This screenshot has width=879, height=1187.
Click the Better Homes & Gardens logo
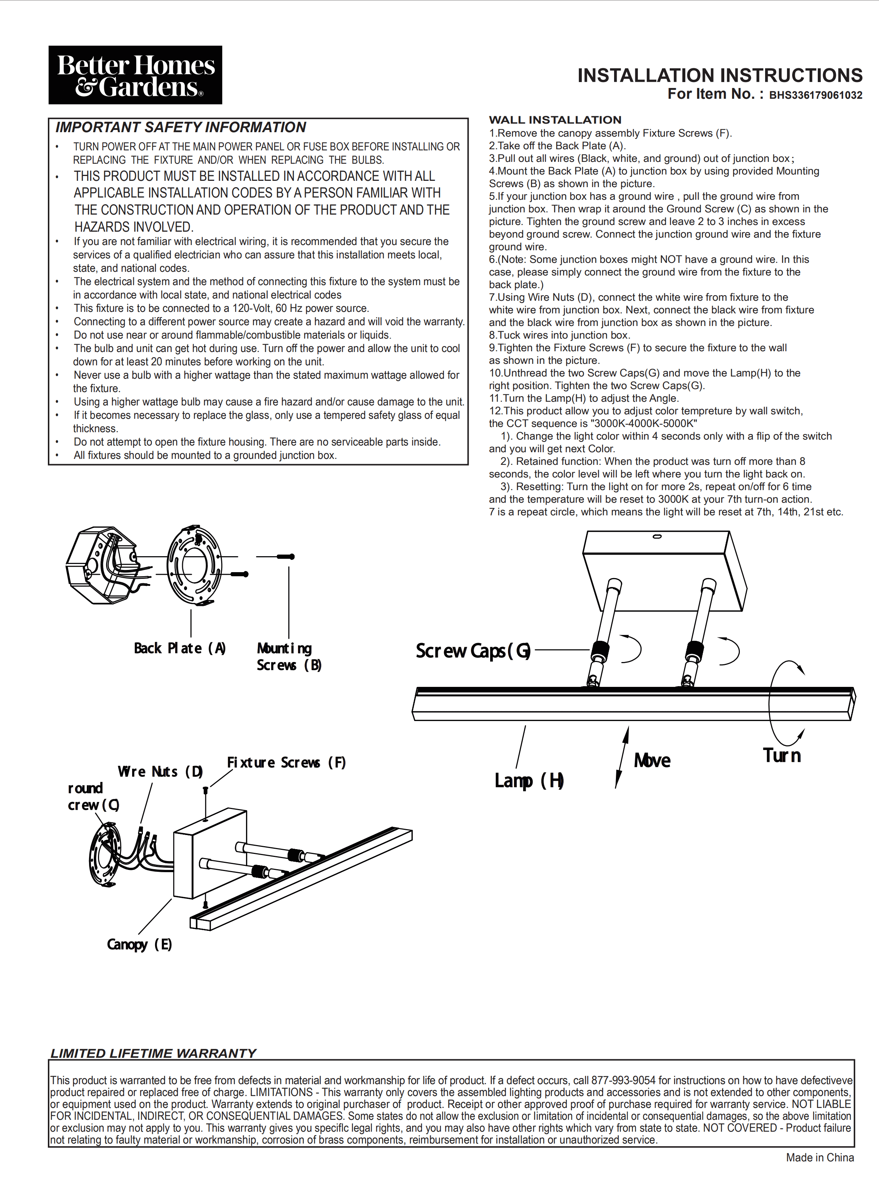coord(135,75)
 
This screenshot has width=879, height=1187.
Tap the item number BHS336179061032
coord(815,95)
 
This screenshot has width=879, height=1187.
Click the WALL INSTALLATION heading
coord(555,120)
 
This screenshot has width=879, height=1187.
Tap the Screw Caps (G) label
coord(472,650)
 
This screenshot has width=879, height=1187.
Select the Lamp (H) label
coord(529,780)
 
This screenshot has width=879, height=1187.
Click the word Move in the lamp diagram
coord(652,760)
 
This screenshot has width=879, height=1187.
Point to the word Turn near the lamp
coord(782,755)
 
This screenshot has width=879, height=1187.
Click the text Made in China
coord(819,1157)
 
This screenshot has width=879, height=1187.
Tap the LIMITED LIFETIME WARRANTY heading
coord(153,1053)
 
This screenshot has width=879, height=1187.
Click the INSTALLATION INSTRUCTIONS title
coord(719,75)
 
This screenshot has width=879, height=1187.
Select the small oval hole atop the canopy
coord(657,537)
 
